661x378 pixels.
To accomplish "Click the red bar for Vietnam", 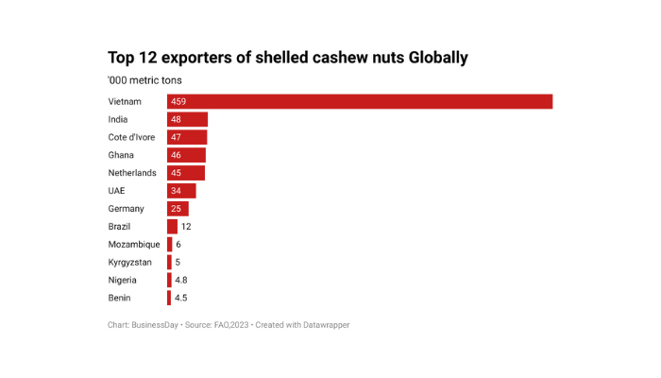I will pyautogui.click(x=360, y=102).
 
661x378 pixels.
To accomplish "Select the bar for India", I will pyautogui.click(x=187, y=120).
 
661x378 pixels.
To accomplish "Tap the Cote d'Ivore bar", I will pyautogui.click(x=187, y=138).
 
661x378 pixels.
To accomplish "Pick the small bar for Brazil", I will pyautogui.click(x=172, y=227).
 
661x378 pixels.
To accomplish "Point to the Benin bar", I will pyautogui.click(x=169, y=298).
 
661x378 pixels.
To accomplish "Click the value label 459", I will pyautogui.click(x=179, y=102).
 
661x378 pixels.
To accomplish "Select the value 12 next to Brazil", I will pyautogui.click(x=186, y=227).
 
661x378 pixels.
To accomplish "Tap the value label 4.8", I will pyautogui.click(x=181, y=281).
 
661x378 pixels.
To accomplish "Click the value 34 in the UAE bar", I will pyautogui.click(x=177, y=191).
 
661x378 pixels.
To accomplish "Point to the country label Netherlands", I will pyautogui.click(x=132, y=173).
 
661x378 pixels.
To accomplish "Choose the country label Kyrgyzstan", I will pyautogui.click(x=130, y=263).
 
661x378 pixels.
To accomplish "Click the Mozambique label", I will pyautogui.click(x=133, y=245).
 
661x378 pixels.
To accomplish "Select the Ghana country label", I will pyautogui.click(x=121, y=155).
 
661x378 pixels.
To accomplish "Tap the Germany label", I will pyautogui.click(x=126, y=209).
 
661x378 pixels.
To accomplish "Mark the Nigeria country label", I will pyautogui.click(x=123, y=281).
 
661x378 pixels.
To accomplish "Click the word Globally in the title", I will pyautogui.click(x=437, y=59).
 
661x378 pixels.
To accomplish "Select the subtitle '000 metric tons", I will pyautogui.click(x=144, y=81).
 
